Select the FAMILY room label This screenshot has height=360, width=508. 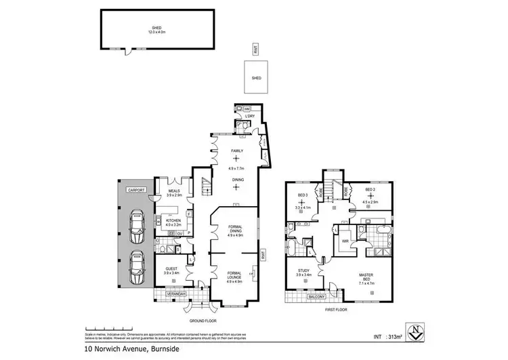237,151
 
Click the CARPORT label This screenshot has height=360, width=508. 129,191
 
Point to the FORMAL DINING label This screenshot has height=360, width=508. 237,231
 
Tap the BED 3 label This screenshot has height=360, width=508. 302,196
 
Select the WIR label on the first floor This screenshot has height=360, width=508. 345,240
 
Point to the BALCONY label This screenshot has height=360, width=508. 316,296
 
